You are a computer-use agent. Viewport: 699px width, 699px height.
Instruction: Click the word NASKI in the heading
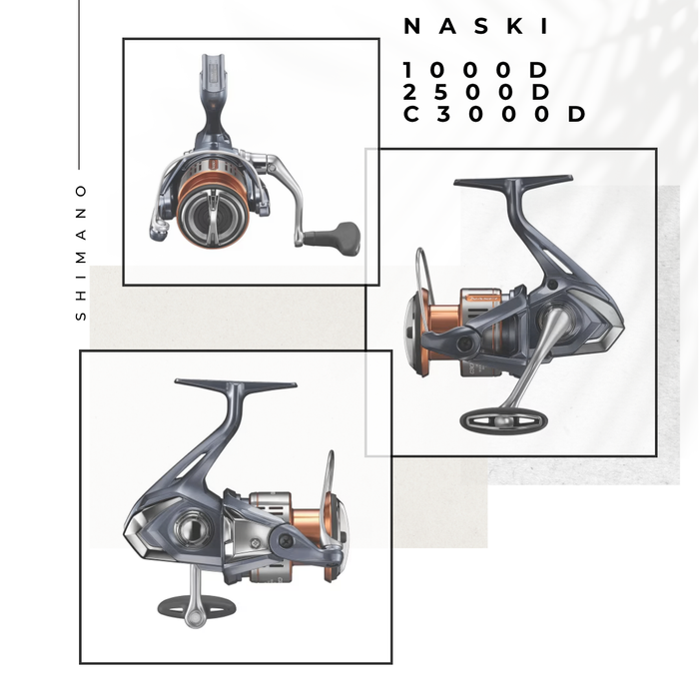tap(465, 28)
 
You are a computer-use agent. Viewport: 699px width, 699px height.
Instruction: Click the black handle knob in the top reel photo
tap(334, 237)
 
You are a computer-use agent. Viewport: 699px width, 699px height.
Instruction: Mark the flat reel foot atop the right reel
tap(513, 183)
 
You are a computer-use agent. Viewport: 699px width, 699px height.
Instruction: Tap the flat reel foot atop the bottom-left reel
tap(236, 384)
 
